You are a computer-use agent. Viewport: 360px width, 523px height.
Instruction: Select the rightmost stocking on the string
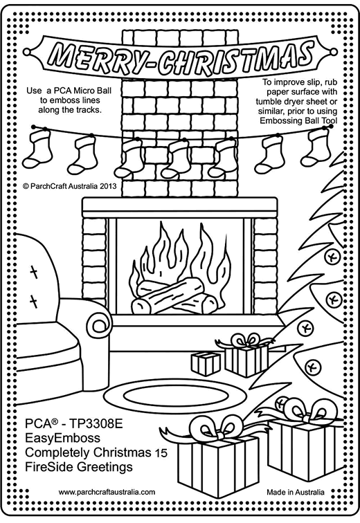pyautogui.click(x=314, y=147)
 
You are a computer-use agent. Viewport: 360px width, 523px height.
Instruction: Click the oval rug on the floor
pyautogui.click(x=176, y=395)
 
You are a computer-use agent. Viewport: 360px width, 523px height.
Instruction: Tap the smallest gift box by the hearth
pyautogui.click(x=206, y=364)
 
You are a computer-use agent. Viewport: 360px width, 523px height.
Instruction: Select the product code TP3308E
pyautogui.click(x=96, y=423)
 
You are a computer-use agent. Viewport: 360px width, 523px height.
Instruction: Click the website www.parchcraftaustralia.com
pyautogui.click(x=107, y=492)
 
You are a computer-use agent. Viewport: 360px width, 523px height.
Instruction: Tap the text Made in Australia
pyautogui.click(x=296, y=492)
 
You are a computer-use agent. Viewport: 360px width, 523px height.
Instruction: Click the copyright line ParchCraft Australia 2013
pyautogui.click(x=70, y=186)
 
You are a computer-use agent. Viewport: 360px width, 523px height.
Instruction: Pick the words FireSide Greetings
pyautogui.click(x=79, y=467)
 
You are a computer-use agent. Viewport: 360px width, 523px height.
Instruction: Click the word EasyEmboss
pyautogui.click(x=62, y=438)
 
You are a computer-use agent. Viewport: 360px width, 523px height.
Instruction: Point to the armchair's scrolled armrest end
pyautogui.click(x=99, y=322)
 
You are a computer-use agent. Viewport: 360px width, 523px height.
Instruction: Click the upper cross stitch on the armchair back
pyautogui.click(x=34, y=272)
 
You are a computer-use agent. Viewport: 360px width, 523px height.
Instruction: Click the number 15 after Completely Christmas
pyautogui.click(x=161, y=453)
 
